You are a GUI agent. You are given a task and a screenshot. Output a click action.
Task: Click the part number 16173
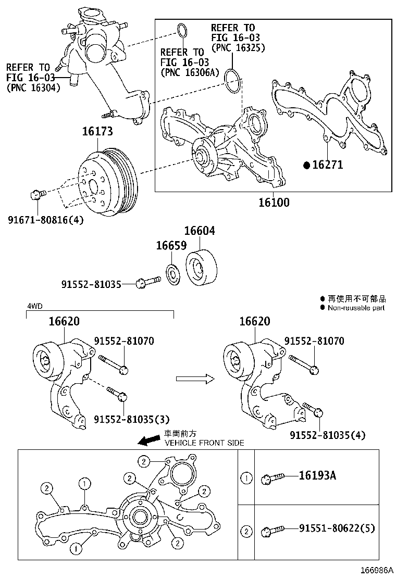tap(97, 132)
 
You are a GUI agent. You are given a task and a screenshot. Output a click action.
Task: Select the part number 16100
tap(274, 202)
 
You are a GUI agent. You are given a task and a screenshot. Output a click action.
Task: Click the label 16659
tap(171, 245)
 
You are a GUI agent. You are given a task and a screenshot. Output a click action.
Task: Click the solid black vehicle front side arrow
tap(150, 441)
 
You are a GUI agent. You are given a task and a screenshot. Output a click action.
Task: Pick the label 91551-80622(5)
tap(337, 528)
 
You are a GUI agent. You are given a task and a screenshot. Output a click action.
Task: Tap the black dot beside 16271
tap(307, 165)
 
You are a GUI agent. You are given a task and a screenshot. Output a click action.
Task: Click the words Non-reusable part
tap(356, 308)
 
